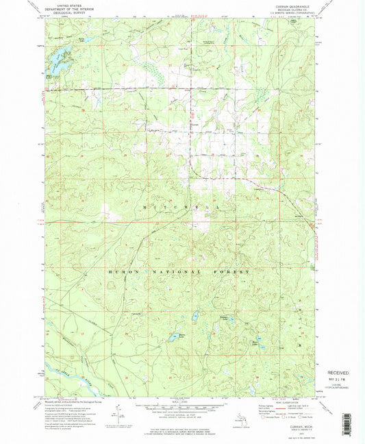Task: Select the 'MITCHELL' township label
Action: (182, 206)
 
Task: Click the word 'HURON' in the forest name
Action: (124, 272)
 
